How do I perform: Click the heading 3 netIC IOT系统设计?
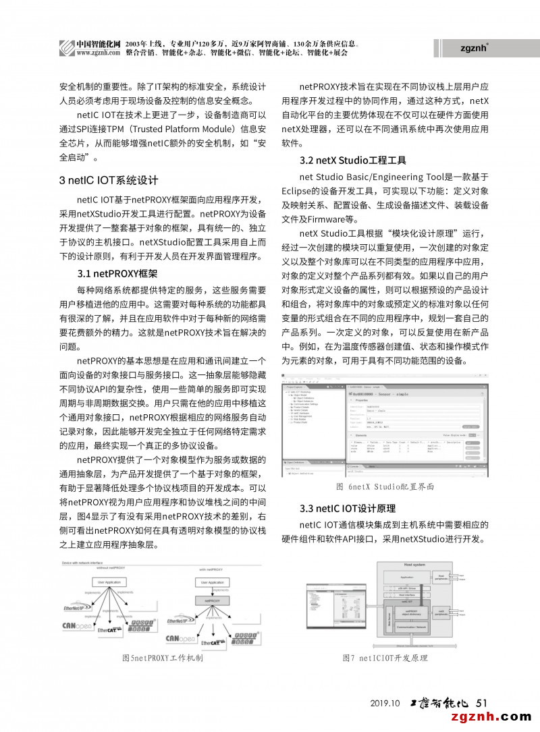109,180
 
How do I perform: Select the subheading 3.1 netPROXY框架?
117,273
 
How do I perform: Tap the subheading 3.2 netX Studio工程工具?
352,161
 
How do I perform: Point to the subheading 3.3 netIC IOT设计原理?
347,508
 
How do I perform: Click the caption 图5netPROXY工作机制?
162,657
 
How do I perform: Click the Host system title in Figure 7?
414,564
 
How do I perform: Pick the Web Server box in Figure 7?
387,617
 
